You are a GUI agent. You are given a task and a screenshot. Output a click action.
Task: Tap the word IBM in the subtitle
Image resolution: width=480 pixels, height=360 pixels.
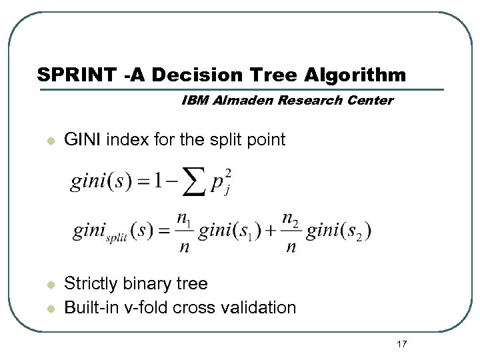(193, 101)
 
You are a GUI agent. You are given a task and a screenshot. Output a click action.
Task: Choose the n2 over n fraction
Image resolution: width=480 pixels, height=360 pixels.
(289, 231)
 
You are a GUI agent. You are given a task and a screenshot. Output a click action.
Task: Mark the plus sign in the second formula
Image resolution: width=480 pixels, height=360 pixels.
(271, 231)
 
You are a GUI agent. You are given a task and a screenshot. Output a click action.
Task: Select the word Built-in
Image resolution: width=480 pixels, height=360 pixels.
(89, 307)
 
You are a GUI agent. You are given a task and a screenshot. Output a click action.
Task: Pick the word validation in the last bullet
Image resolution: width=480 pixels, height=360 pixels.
(260, 307)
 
